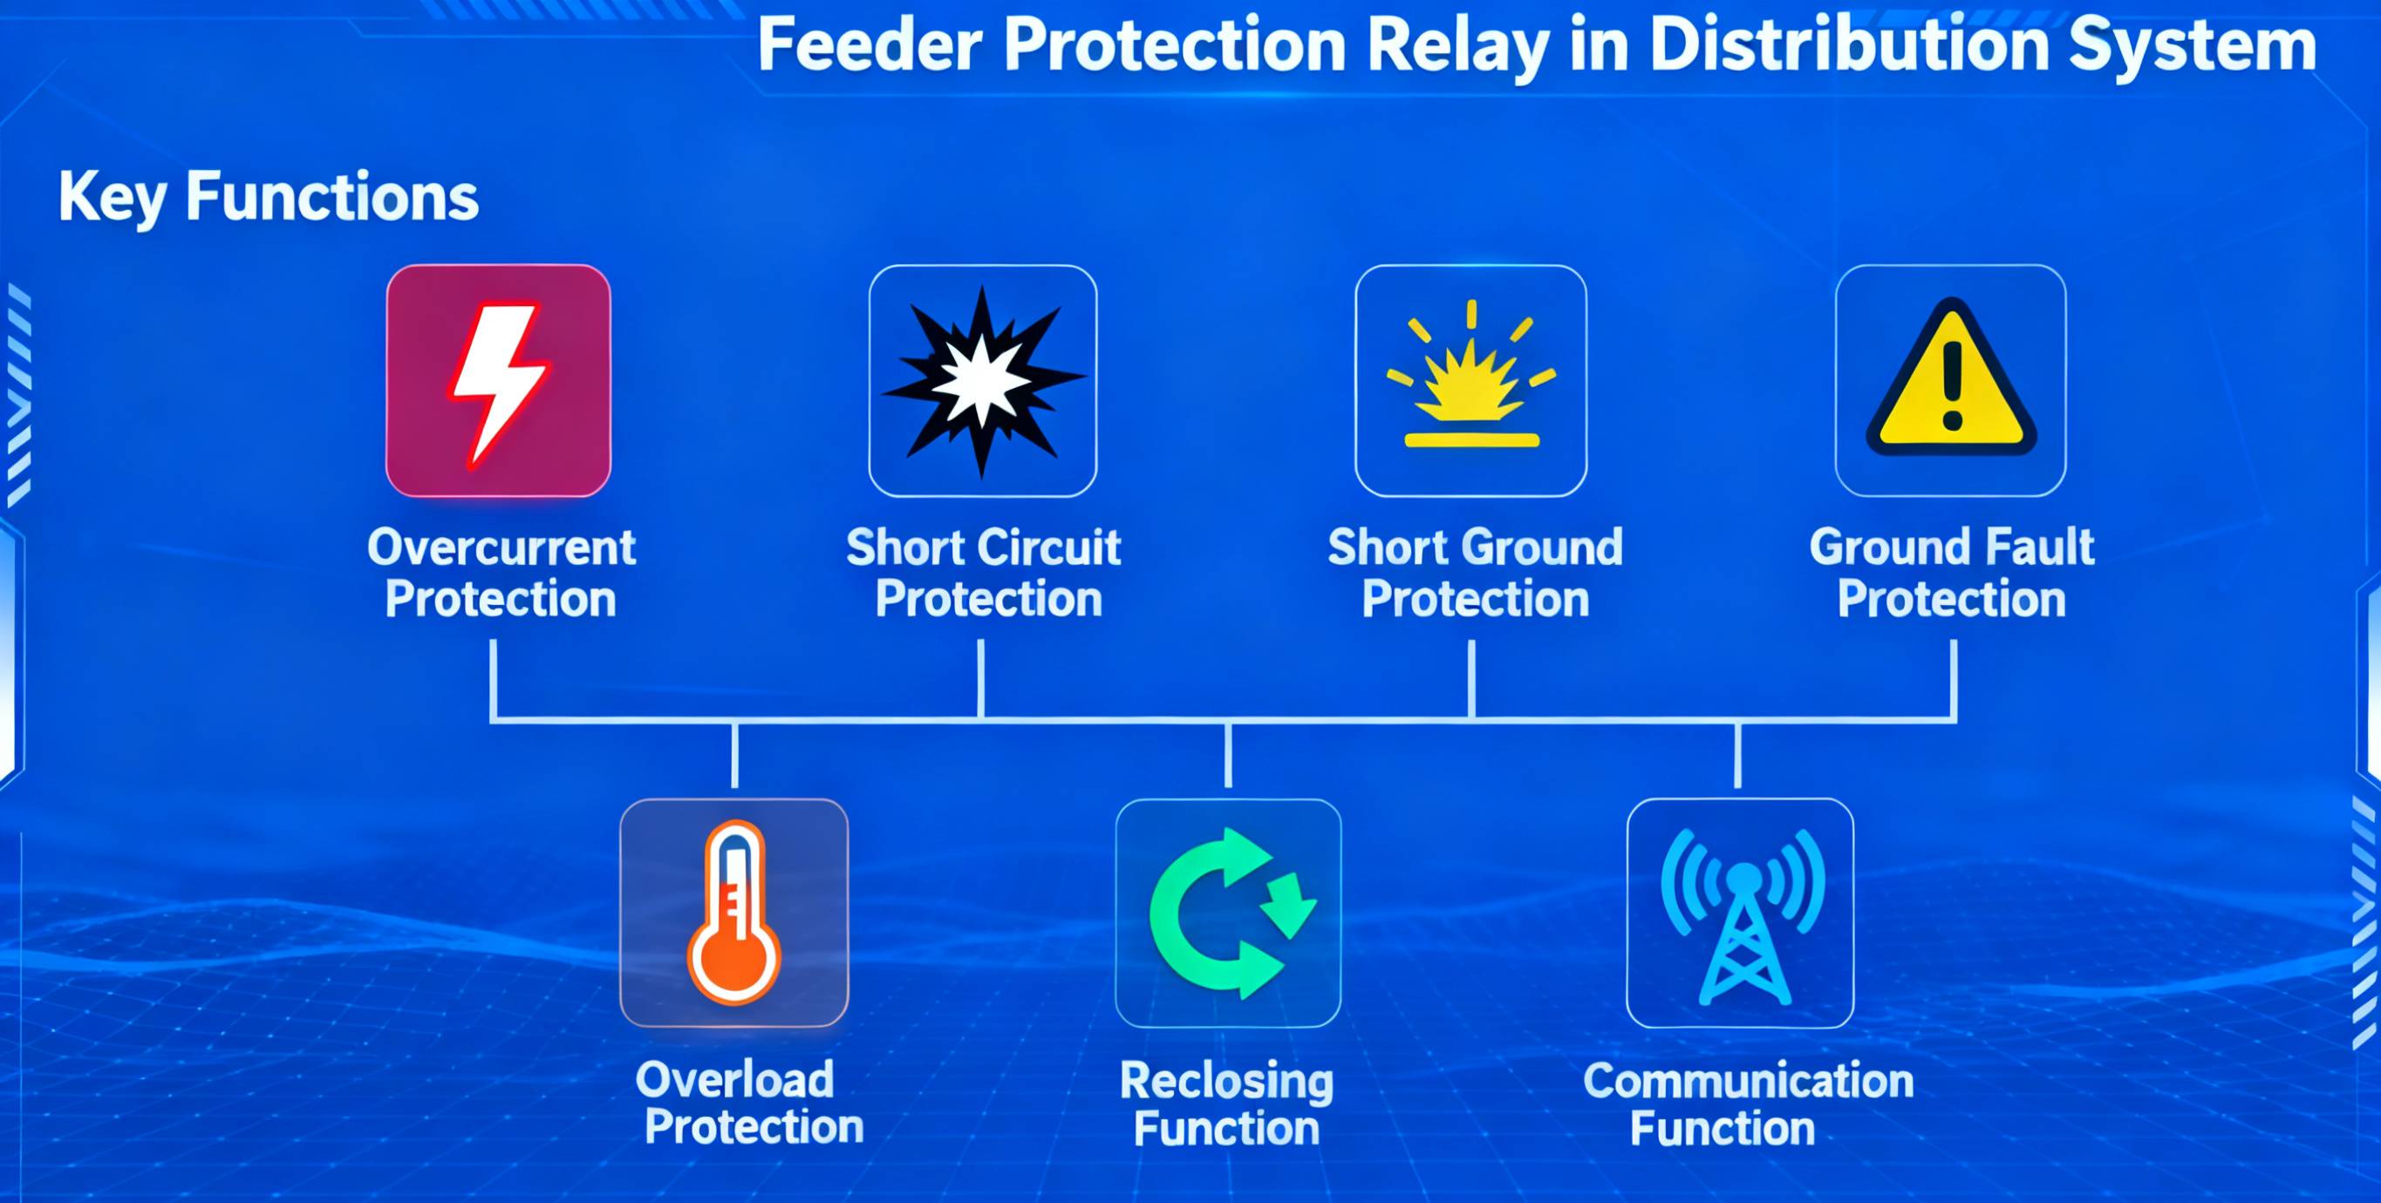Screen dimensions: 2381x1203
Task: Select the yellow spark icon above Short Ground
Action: tap(1471, 374)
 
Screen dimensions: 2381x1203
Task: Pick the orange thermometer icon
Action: tap(733, 913)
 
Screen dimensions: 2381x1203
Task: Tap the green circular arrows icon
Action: tap(1231, 913)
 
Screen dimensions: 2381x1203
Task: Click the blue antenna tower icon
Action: tap(1743, 916)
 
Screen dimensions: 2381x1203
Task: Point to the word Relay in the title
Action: tap(1457, 46)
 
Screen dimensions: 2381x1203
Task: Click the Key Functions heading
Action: tap(268, 197)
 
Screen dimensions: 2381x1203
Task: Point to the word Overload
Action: tap(735, 1079)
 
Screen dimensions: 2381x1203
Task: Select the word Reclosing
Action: tap(1226, 1081)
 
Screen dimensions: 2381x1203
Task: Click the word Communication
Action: tap(1748, 1080)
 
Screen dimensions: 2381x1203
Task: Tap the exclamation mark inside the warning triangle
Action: tap(1952, 385)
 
